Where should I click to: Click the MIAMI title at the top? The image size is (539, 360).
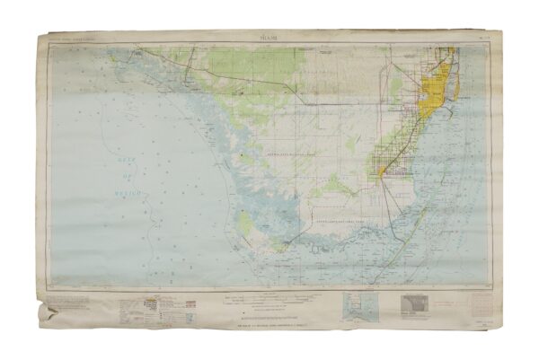coord(269,38)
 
